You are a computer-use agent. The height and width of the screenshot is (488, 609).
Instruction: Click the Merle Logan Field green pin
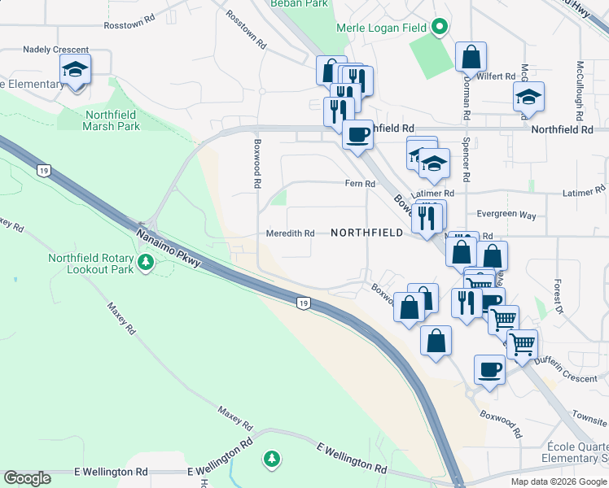pyautogui.click(x=440, y=28)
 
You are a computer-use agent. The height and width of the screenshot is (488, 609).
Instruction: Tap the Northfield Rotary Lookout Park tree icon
pyautogui.click(x=147, y=262)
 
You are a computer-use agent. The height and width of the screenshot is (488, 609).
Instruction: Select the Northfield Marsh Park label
pyautogui.click(x=112, y=120)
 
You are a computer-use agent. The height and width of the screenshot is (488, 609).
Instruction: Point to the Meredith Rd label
pyautogui.click(x=291, y=233)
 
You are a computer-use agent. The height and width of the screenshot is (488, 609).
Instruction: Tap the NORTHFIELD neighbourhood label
pyautogui.click(x=367, y=233)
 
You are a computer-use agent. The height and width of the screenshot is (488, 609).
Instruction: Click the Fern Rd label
pyautogui.click(x=359, y=185)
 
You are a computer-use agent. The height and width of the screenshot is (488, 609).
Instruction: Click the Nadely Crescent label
pyautogui.click(x=56, y=50)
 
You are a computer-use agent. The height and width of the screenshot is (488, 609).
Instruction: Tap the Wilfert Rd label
pyautogui.click(x=498, y=76)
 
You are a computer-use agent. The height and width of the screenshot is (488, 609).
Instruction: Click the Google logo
pyautogui.click(x=27, y=478)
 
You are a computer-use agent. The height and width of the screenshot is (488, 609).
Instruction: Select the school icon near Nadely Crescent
pyautogui.click(x=76, y=70)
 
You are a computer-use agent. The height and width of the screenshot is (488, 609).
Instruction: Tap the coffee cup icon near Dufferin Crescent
pyautogui.click(x=490, y=370)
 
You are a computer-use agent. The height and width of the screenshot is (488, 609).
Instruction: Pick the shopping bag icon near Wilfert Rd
pyautogui.click(x=471, y=57)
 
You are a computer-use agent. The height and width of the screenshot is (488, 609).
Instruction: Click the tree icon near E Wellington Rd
pyautogui.click(x=272, y=460)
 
